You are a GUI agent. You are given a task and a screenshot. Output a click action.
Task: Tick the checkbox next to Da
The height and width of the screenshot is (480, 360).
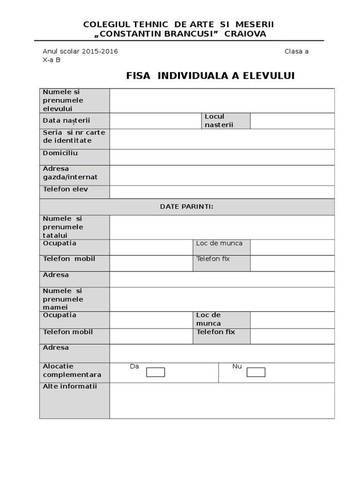155,372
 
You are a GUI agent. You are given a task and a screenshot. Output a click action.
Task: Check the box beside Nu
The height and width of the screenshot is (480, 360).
255,372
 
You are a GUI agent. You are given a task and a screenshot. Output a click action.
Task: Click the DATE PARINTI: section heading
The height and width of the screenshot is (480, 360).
187,207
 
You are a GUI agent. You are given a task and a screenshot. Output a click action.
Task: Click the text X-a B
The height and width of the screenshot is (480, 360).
52,60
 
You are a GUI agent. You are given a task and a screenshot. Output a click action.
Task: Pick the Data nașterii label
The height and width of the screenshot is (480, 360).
66,120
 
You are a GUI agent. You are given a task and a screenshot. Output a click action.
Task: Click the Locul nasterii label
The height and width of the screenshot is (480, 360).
218,120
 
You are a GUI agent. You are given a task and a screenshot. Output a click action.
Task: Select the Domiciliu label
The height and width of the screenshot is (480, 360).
60,153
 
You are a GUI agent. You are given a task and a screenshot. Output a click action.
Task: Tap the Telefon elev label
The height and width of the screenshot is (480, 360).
65,189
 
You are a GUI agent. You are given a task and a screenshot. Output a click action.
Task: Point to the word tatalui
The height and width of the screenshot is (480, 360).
55,235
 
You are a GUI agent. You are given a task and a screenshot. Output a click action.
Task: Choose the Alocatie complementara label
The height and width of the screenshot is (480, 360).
72,370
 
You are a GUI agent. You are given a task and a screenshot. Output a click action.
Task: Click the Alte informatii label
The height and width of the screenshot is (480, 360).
69,387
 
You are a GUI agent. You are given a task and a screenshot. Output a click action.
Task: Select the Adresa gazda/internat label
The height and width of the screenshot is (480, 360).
70,173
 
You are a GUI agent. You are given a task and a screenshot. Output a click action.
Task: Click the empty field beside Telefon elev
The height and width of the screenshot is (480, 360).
222,192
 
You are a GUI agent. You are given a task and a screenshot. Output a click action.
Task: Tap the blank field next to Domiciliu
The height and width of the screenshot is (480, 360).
222,157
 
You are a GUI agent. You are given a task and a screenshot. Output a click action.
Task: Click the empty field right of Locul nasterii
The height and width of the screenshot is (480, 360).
292,121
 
